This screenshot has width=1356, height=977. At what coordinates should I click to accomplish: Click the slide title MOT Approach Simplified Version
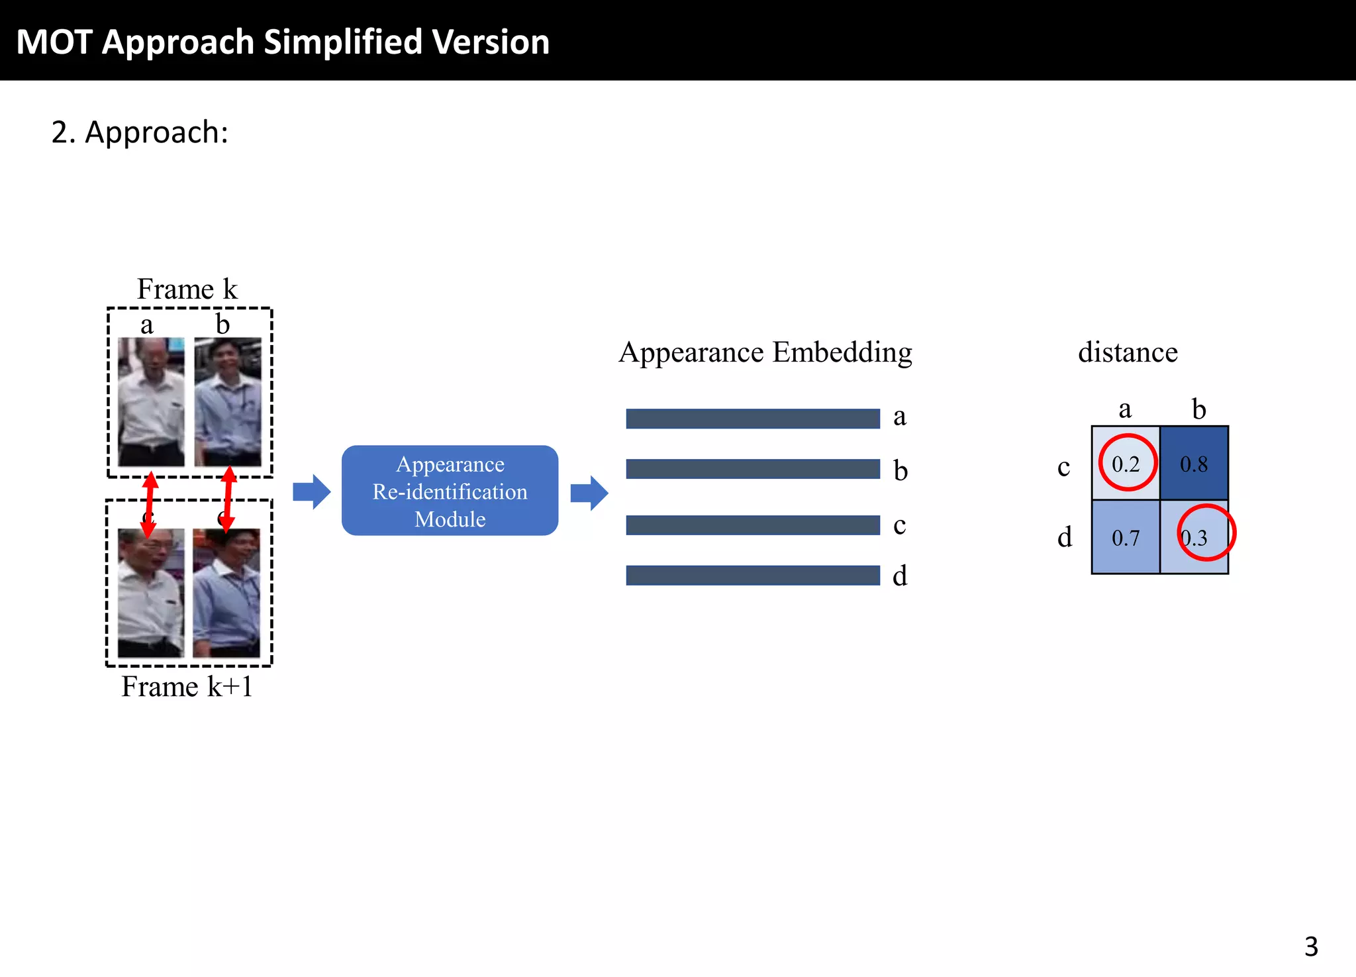(x=283, y=42)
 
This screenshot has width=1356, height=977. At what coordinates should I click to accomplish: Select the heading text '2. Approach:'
(x=140, y=132)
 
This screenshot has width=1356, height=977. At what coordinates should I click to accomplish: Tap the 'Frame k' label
(x=187, y=289)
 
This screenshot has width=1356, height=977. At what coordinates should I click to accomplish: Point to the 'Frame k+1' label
(x=187, y=686)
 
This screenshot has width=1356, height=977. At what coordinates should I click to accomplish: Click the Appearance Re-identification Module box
(x=450, y=491)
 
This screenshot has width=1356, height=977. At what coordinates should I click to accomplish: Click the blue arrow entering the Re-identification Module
(x=311, y=492)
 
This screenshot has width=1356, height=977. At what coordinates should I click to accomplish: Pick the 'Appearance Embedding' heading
(x=765, y=352)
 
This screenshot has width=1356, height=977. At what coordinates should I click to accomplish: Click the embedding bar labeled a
(x=752, y=419)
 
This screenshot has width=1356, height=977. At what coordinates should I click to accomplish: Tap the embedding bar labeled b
(x=752, y=469)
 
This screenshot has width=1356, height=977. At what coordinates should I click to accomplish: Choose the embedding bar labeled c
(x=752, y=525)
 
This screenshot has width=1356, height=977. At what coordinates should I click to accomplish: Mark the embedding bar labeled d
(x=752, y=576)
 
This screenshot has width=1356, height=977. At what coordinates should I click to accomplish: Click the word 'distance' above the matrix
(x=1128, y=352)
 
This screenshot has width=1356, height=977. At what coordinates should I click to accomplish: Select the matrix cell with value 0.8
(x=1194, y=463)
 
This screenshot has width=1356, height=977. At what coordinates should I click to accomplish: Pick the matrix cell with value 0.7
(x=1126, y=537)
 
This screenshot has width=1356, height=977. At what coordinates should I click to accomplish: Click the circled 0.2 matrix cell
(x=1126, y=463)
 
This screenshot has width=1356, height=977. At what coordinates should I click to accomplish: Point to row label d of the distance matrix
(x=1064, y=537)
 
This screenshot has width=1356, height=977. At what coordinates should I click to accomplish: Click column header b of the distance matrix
(x=1198, y=409)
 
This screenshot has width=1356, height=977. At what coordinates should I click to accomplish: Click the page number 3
(x=1311, y=947)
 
